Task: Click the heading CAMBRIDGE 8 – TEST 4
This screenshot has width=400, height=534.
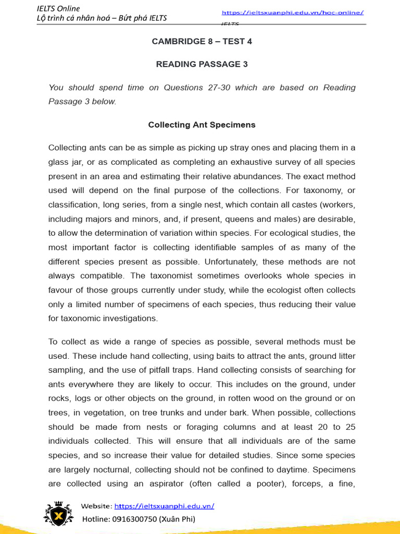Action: pyautogui.click(x=202, y=41)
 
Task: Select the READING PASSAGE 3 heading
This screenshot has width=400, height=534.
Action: pyautogui.click(x=202, y=64)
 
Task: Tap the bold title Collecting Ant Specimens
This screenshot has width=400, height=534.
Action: pyautogui.click(x=202, y=125)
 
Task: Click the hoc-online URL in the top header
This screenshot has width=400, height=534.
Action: pyautogui.click(x=293, y=13)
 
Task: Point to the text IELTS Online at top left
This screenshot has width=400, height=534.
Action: pyautogui.click(x=58, y=8)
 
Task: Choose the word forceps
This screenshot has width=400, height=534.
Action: pyautogui.click(x=324, y=483)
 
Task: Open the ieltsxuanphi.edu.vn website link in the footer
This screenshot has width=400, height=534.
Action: pyautogui.click(x=164, y=506)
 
